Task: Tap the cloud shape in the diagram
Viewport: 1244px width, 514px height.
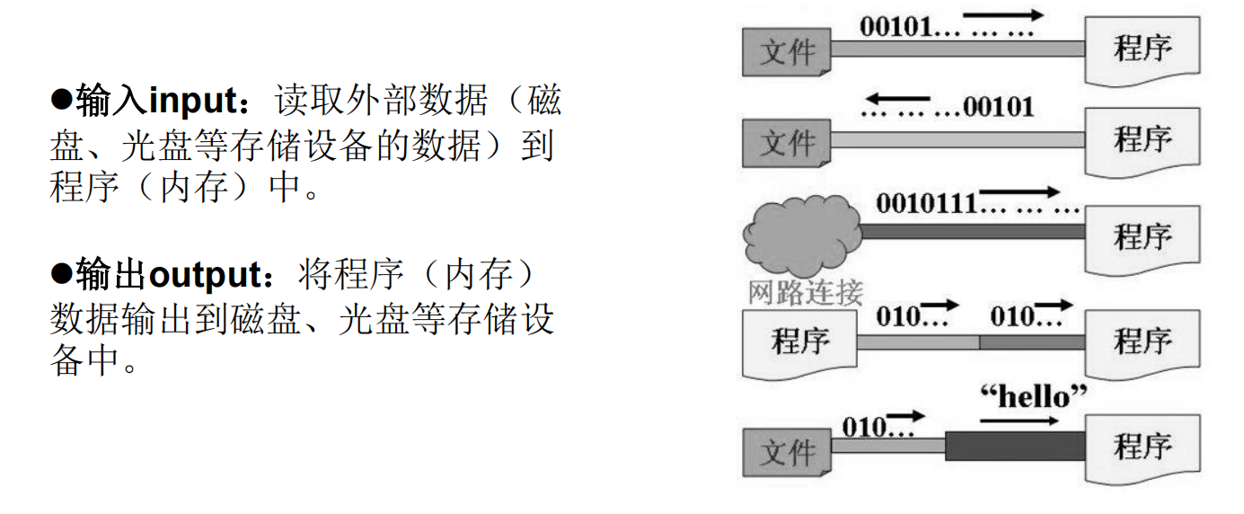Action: [x=799, y=235]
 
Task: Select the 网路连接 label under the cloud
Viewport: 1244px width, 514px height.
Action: [x=805, y=293]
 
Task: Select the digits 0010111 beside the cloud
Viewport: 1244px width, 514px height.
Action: [x=926, y=202]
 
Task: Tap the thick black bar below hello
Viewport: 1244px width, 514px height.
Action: [x=1015, y=446]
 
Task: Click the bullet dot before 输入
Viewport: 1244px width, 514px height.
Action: [x=60, y=100]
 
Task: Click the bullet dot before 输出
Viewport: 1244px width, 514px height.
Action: [x=60, y=274]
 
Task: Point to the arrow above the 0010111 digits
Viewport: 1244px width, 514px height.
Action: [x=1019, y=191]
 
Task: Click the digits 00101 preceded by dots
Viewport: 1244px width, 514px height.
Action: [x=998, y=108]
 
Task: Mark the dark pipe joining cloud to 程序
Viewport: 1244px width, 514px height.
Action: [x=973, y=232]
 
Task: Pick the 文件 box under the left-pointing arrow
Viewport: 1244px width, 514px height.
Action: [x=787, y=143]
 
